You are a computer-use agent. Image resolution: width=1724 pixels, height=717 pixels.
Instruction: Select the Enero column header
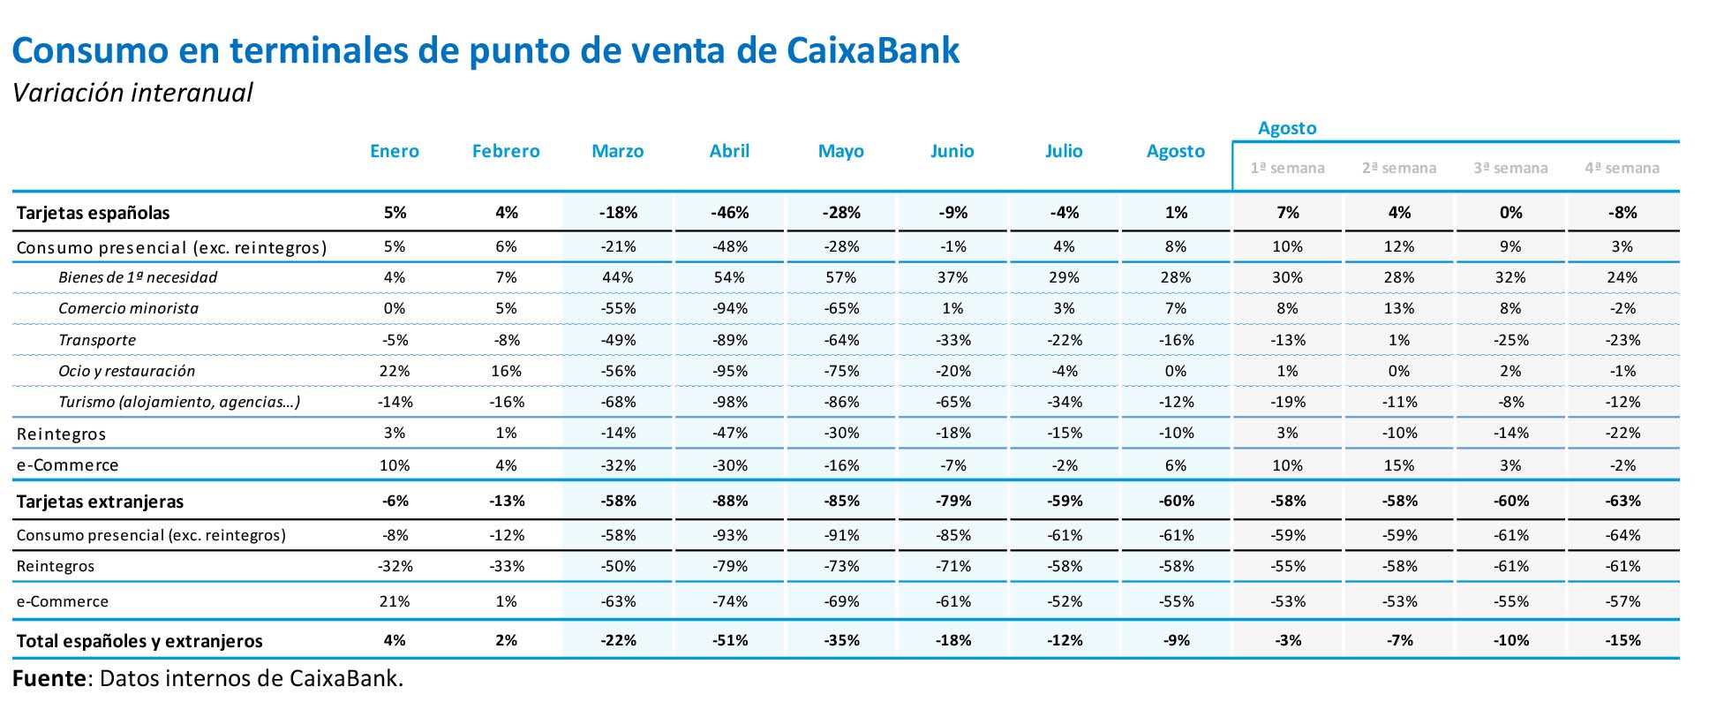point(395,151)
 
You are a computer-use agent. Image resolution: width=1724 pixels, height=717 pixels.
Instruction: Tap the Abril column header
point(729,151)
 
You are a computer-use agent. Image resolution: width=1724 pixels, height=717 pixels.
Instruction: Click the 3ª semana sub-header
point(1510,168)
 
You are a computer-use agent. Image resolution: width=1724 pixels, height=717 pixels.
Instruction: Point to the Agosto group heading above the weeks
point(1287,128)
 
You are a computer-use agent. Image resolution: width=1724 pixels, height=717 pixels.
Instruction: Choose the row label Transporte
point(97,340)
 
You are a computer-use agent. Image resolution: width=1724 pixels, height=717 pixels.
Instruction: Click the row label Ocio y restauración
point(126,371)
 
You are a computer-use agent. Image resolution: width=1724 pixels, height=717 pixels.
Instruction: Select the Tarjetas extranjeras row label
point(100,502)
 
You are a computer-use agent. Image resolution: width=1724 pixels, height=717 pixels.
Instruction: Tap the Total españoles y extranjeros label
point(139,641)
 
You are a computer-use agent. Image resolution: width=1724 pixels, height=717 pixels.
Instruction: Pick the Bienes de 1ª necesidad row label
point(138,277)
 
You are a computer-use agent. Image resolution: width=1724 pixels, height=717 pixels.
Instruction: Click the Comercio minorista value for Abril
point(729,308)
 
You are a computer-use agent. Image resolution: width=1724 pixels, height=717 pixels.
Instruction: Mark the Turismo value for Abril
point(729,402)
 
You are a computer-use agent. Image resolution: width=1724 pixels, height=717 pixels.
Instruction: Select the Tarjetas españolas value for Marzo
point(618,213)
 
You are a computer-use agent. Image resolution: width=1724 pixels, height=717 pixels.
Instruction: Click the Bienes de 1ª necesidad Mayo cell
point(840,277)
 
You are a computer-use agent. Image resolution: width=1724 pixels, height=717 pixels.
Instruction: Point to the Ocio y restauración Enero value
point(395,371)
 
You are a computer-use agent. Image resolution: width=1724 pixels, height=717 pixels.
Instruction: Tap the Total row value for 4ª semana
point(1622,641)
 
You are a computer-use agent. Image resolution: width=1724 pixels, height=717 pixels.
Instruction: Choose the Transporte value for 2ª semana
point(1399,340)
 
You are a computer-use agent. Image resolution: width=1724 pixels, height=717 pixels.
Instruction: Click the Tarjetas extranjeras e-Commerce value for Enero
point(395,601)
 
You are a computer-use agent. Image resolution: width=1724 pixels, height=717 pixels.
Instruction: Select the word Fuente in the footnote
point(49,678)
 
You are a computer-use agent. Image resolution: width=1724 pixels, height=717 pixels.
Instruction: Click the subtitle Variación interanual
point(132,93)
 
